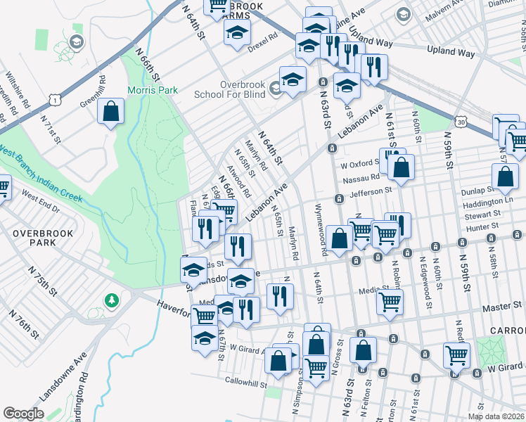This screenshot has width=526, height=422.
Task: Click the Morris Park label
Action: pos(152,91)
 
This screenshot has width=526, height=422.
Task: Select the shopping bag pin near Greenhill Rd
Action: pos(110,111)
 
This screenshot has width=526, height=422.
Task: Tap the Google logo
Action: pos(23,414)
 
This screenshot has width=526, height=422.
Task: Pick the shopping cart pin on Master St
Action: pos(390,302)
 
